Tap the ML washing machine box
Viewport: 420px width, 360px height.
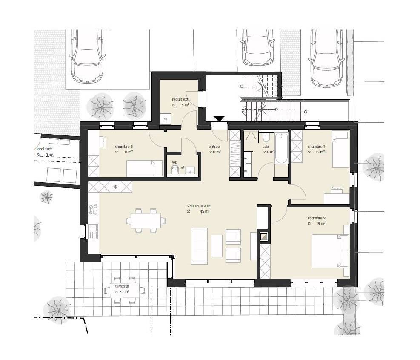point(166,119)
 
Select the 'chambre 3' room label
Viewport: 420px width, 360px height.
point(124,147)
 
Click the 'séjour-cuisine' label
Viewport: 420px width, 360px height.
point(198,206)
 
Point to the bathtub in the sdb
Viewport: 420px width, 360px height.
point(281,148)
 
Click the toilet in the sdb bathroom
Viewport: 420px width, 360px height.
point(266,137)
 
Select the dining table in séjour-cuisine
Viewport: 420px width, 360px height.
point(146,221)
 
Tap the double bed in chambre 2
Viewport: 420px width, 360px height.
point(330,251)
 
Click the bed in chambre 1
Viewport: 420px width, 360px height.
point(341,149)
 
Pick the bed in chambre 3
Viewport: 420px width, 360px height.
point(145,168)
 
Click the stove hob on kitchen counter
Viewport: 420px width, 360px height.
point(94,210)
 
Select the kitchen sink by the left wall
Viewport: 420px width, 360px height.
point(94,231)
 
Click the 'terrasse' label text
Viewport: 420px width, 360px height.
point(122,286)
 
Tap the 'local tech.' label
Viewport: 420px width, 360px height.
point(45,149)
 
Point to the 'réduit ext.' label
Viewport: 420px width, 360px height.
point(180,99)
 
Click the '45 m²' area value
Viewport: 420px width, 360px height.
point(205,211)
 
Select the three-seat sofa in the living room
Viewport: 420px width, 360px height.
point(199,246)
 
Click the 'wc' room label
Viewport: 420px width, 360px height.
point(174,163)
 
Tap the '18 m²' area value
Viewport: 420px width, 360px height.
point(320,224)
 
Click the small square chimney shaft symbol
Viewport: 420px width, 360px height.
point(264,236)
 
